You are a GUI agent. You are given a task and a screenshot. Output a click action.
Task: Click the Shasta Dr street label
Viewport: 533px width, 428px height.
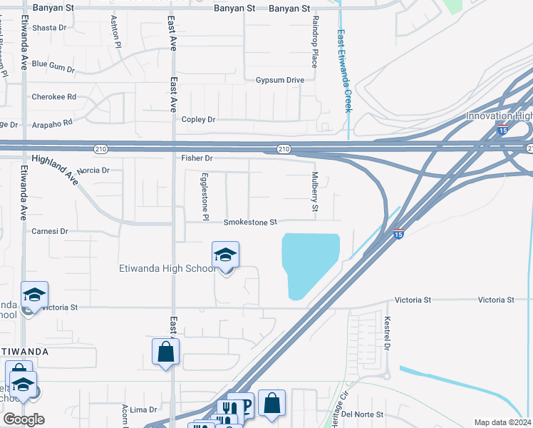coord(48,28)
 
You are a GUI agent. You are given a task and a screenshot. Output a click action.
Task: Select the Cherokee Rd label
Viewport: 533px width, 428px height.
coord(53,97)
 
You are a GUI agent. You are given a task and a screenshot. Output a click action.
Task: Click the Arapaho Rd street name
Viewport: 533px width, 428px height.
coord(52,123)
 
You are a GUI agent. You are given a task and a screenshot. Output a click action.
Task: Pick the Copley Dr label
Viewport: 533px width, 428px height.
coord(198,120)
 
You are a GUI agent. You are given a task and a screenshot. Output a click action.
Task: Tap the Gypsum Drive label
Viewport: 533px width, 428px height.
coord(280,80)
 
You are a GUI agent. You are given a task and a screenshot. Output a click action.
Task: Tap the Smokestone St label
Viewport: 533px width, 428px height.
coord(249,223)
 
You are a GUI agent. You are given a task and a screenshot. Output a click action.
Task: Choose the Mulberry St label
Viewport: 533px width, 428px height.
coord(314,193)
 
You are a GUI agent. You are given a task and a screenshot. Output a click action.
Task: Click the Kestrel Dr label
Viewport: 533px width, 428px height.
coord(388,334)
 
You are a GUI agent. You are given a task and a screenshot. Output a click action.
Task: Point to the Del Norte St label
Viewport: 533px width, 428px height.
coord(363,414)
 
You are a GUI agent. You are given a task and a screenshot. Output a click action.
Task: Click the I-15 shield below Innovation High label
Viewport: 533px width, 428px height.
coord(502,131)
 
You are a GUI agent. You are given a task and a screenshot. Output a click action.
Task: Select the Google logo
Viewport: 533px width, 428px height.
coord(24,419)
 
